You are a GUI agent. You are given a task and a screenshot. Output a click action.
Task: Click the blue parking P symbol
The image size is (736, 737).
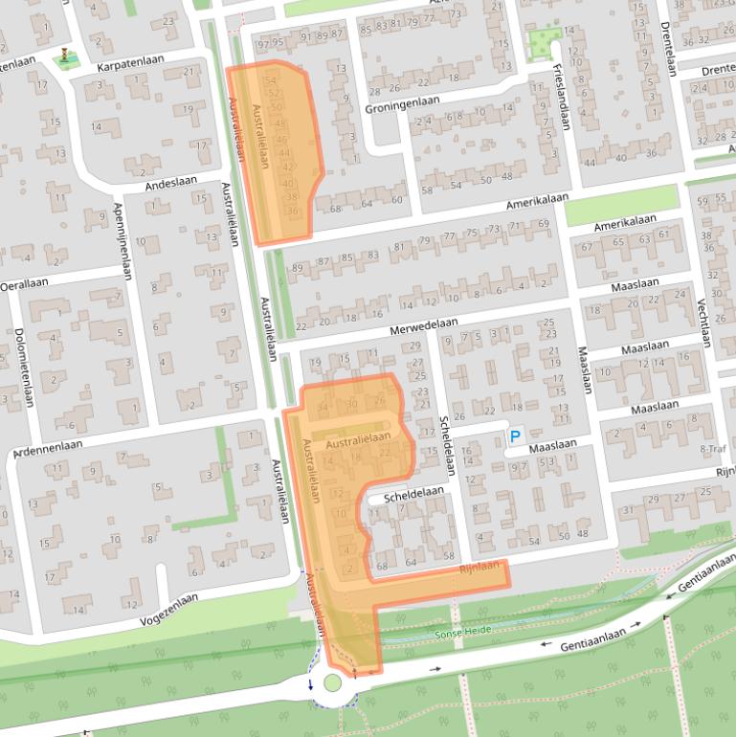point(514,436)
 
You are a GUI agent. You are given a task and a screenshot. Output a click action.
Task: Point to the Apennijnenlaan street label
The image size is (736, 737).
point(121,240)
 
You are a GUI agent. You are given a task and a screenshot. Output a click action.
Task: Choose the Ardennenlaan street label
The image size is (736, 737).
point(47,448)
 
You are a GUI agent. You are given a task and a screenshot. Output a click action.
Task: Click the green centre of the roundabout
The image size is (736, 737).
point(332,682)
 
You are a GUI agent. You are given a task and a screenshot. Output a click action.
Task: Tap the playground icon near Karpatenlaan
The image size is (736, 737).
point(64,55)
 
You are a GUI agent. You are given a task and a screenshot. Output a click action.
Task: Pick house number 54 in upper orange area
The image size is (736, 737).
point(271,80)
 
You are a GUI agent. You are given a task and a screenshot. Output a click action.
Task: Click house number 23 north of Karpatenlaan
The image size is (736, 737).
point(169,21)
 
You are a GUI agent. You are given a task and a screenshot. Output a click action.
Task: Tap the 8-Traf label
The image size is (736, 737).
point(713,448)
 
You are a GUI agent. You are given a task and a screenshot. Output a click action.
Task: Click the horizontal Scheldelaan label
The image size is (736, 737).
point(413,493)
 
